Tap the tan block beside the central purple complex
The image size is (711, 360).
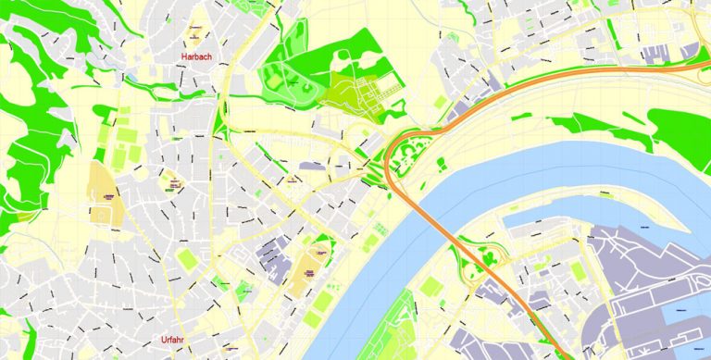click(x=305, y=274)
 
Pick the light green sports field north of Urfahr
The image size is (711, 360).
click(x=187, y=258)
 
